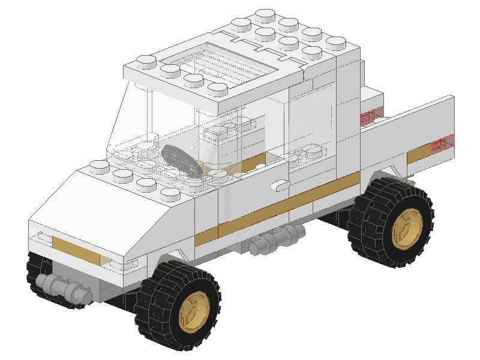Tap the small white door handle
279,186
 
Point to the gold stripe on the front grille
75,247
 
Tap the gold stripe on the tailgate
420,154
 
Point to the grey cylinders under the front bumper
60,285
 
